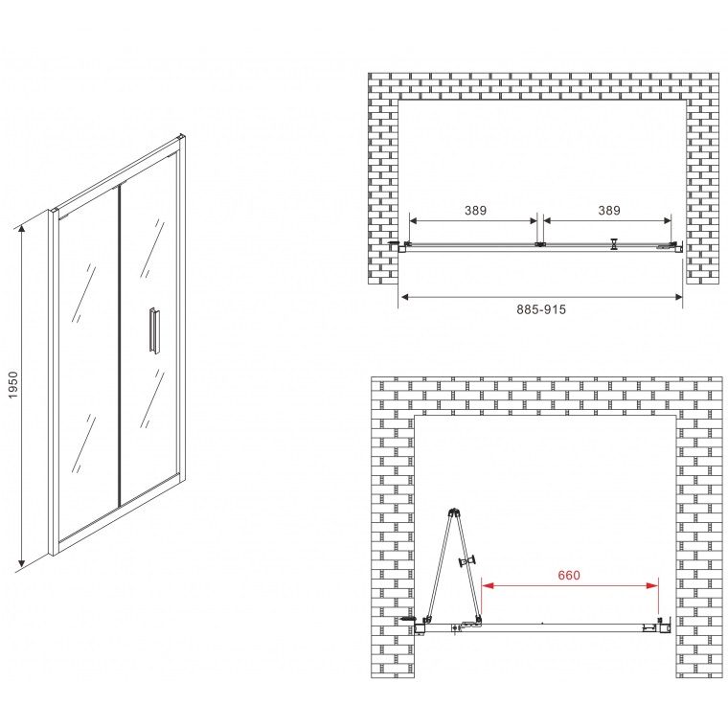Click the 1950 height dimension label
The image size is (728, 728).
point(13,384)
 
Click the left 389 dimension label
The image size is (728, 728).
point(475,211)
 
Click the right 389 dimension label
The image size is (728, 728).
point(609,211)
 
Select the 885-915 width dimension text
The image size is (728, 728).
point(541,309)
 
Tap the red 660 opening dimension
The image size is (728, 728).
point(569,576)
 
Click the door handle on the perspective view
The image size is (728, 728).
point(154,330)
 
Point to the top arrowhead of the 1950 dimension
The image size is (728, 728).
point(21,229)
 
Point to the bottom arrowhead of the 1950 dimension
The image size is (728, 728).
point(21,564)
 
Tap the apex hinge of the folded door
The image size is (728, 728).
point(454,512)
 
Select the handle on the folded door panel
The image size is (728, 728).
point(468,561)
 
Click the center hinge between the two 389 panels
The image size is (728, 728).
point(540,243)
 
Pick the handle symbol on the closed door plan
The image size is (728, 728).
point(615,244)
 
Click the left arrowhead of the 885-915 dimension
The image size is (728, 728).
point(404,297)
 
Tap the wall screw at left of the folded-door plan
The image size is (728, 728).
point(407,619)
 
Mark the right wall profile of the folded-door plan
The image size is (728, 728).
point(665,626)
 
